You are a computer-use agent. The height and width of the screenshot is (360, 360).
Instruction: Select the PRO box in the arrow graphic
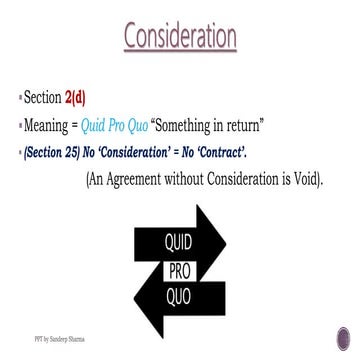tap(180, 270)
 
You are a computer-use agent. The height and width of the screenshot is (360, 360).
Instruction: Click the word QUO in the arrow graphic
tap(180, 295)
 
